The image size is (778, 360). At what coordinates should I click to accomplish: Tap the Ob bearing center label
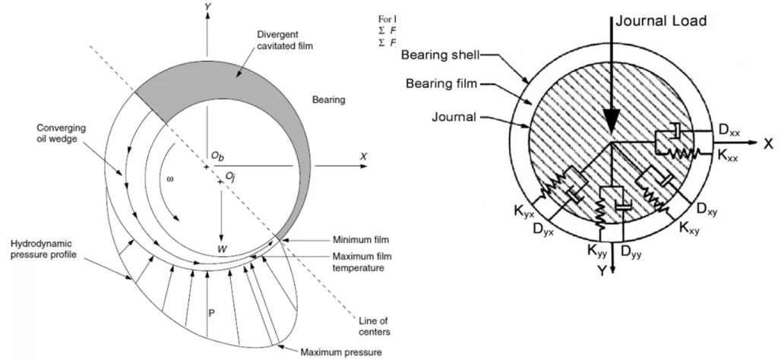(x=217, y=156)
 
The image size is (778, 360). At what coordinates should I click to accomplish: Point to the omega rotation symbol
(x=170, y=179)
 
